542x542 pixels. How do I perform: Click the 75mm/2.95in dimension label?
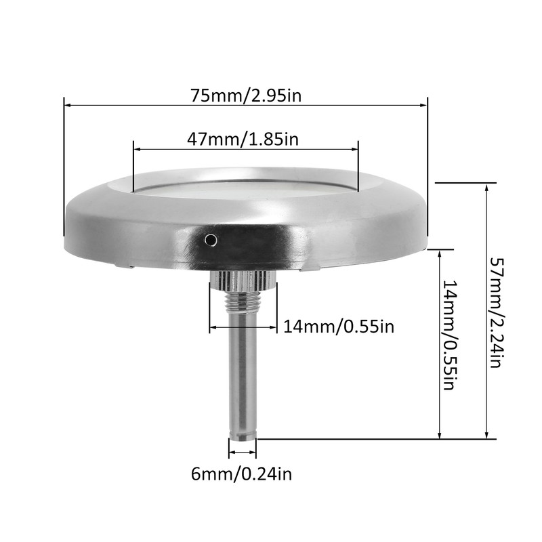click(x=245, y=96)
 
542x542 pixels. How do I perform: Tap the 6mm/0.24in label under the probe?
click(x=242, y=472)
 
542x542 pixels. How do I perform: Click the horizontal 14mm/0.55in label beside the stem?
click(x=338, y=327)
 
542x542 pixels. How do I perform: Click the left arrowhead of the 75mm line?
click(x=66, y=104)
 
